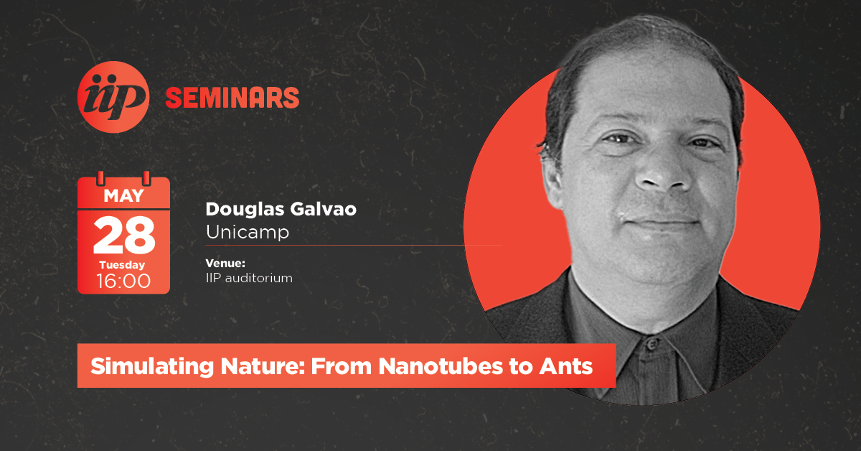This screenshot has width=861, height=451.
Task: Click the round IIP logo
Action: click(113, 97)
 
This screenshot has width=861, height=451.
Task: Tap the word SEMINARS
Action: click(232, 98)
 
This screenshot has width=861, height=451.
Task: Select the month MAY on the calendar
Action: click(123, 196)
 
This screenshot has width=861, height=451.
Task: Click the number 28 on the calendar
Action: click(124, 235)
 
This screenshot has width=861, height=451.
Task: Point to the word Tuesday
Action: click(122, 265)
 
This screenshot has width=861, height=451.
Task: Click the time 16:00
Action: click(123, 281)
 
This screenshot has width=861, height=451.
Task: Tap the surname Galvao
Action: click(324, 209)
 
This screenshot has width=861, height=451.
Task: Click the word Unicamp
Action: click(248, 233)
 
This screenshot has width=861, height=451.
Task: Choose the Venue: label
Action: click(225, 264)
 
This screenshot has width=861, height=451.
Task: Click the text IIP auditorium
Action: click(249, 278)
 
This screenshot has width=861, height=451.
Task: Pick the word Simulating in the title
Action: click(152, 366)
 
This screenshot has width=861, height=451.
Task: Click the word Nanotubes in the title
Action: click(441, 366)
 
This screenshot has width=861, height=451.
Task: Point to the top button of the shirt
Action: click(651, 344)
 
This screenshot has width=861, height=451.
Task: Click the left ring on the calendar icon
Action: click(100, 179)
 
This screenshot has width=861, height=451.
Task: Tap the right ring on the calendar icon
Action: click(146, 179)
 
